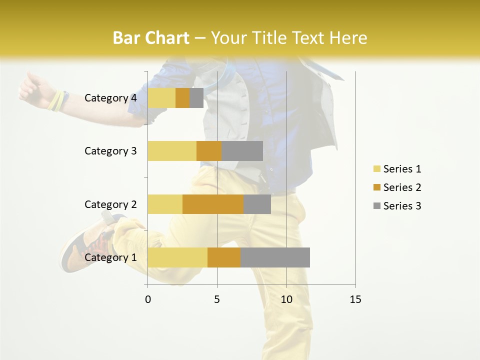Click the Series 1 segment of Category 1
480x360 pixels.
(177, 257)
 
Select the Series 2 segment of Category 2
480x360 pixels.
(213, 204)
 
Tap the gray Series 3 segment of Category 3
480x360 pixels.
(242, 151)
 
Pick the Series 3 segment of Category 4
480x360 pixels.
(196, 98)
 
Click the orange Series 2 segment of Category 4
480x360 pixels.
(182, 98)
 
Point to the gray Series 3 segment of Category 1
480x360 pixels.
(275, 257)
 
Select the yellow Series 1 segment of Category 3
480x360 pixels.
(172, 151)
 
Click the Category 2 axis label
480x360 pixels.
(110, 204)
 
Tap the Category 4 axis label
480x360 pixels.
(110, 98)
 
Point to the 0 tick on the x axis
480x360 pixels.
(147, 299)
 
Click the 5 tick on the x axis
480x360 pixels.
(217, 299)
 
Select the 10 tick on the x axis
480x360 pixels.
(286, 299)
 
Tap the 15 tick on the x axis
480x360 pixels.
(355, 299)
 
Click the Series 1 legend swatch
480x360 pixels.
(376, 169)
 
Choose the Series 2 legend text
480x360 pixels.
(402, 187)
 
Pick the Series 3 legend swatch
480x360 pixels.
(376, 206)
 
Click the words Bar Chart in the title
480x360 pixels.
(151, 38)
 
